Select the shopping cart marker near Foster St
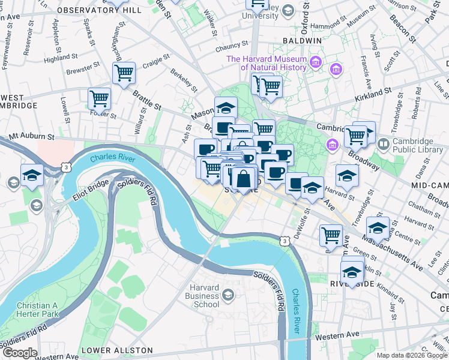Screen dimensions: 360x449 click(99, 98)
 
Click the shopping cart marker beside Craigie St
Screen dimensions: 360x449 click(124, 73)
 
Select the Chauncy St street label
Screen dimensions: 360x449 click(233, 44)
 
